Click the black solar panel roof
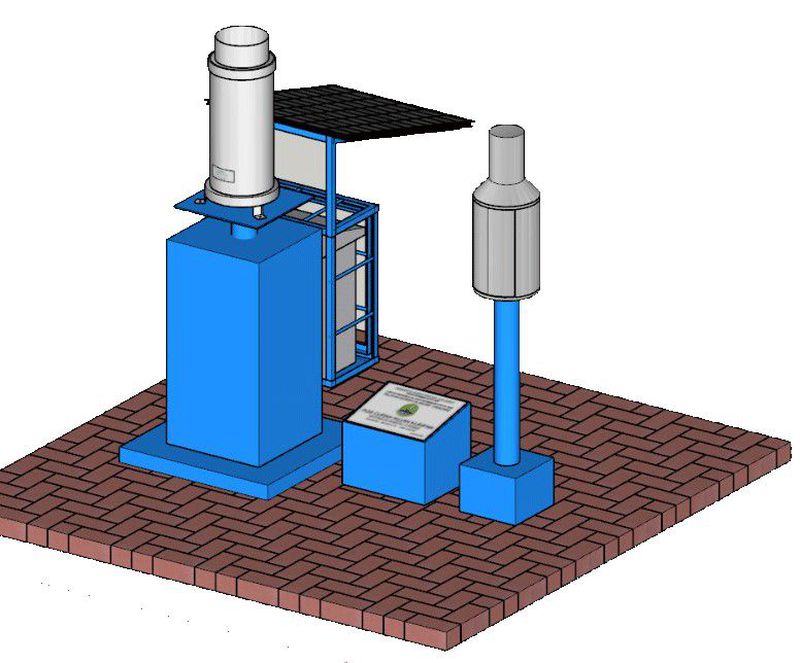click(x=380, y=108)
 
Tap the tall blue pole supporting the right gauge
click(x=507, y=380)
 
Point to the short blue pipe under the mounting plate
click(x=244, y=230)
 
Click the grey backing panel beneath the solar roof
click(x=300, y=160)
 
